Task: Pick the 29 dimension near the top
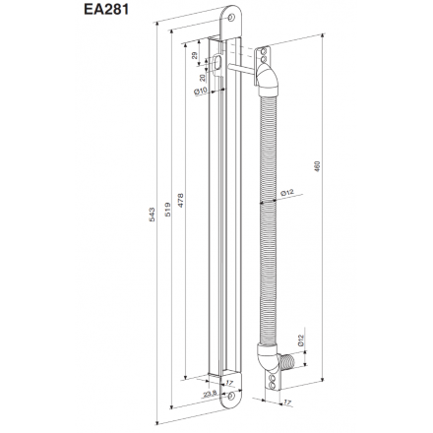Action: [x=193, y=58]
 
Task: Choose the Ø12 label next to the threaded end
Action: [x=299, y=343]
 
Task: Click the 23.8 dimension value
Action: [x=208, y=394]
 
